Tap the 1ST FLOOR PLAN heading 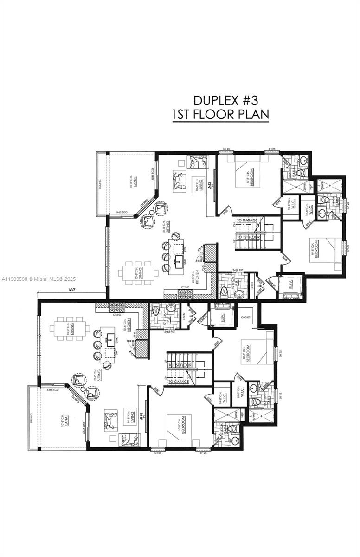[220, 115]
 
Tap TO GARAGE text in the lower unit [179, 382]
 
